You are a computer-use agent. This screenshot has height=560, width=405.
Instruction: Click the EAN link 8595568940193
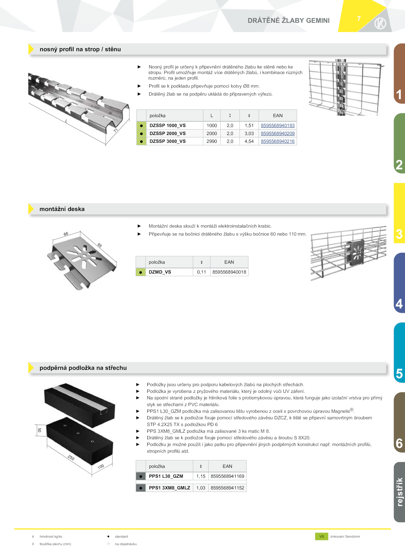click(278, 125)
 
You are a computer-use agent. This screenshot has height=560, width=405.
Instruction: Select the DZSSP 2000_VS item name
click(168, 133)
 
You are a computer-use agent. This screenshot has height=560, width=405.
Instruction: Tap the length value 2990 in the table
click(212, 141)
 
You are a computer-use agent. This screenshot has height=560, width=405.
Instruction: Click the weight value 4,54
click(249, 141)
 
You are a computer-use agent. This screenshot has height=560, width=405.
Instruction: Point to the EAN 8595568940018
click(229, 272)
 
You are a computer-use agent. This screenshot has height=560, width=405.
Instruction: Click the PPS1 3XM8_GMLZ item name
click(170, 488)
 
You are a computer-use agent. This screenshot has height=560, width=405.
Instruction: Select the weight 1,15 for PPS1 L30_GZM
click(201, 476)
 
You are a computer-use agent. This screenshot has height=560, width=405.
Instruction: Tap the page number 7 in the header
click(359, 19)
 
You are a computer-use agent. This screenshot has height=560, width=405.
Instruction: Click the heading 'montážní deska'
click(62, 209)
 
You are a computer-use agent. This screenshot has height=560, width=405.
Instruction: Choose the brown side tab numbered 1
click(399, 73)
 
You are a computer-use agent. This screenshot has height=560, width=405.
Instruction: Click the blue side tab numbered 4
click(399, 283)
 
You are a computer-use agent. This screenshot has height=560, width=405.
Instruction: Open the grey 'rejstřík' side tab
click(399, 492)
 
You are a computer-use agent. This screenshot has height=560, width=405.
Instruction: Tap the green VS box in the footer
click(321, 536)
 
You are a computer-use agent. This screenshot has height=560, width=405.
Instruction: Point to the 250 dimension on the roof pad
click(71, 458)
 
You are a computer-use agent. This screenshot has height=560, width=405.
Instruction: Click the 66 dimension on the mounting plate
click(66, 234)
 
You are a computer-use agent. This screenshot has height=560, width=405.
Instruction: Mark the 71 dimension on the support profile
click(116, 130)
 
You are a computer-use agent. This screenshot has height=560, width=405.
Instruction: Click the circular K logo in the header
click(380, 24)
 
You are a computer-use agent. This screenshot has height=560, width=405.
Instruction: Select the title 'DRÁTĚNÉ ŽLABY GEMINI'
click(289, 21)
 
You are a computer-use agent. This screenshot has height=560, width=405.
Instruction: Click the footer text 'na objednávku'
click(126, 544)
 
